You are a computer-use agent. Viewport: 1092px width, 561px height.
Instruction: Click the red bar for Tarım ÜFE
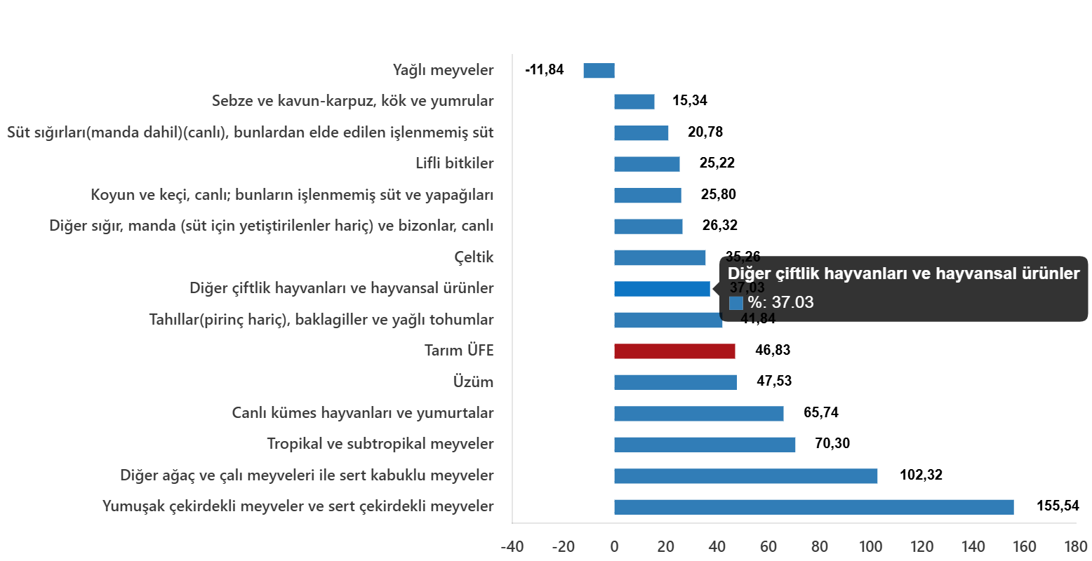(x=674, y=351)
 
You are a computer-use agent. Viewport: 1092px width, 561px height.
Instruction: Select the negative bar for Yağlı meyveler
(x=599, y=71)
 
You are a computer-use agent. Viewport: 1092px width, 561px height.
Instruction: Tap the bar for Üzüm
(x=675, y=382)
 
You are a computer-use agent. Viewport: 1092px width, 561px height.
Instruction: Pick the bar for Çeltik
(x=660, y=257)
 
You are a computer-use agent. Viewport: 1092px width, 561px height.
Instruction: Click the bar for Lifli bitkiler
(x=647, y=164)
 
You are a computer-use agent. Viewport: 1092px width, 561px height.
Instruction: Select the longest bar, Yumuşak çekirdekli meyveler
(x=813, y=507)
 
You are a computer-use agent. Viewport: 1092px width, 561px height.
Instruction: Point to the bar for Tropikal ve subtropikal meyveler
(x=705, y=445)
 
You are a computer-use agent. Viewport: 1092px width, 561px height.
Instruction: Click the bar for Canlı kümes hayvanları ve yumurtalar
(x=698, y=414)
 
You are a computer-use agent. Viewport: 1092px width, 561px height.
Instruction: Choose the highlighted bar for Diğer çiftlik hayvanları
(x=662, y=289)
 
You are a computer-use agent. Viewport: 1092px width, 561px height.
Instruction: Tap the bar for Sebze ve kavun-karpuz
(x=634, y=102)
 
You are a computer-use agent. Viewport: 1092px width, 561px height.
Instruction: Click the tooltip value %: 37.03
(x=780, y=303)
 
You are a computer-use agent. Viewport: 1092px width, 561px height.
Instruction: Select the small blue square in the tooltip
(x=736, y=303)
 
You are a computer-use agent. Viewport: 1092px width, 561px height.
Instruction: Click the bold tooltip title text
(x=903, y=274)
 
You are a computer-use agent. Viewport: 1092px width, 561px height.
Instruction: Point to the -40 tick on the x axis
(x=512, y=547)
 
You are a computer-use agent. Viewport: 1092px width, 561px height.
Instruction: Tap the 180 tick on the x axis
(x=1075, y=547)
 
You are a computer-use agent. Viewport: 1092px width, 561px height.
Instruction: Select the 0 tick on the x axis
(x=614, y=547)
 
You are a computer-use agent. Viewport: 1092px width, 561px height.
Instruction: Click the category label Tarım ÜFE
(x=459, y=351)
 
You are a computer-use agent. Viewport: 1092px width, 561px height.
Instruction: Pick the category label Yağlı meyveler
(x=443, y=71)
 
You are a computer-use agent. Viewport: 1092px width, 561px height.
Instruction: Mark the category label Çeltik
(x=474, y=257)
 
